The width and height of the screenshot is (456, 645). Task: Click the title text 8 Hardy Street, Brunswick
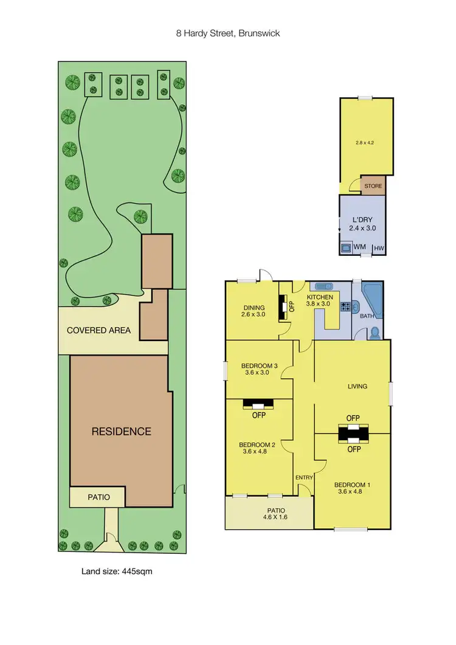(227, 33)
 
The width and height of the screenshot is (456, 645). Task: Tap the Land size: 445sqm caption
(121, 571)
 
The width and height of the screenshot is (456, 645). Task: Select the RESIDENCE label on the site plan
(121, 432)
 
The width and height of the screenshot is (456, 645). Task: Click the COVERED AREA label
(98, 331)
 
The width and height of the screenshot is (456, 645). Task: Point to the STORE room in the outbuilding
(373, 186)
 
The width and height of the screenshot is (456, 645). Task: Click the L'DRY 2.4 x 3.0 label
(362, 223)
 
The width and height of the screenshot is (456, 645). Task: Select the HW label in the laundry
(379, 248)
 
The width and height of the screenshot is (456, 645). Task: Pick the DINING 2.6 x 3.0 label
(252, 311)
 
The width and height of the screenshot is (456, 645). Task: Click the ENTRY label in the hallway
(303, 478)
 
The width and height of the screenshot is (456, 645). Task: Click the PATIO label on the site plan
(97, 497)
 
